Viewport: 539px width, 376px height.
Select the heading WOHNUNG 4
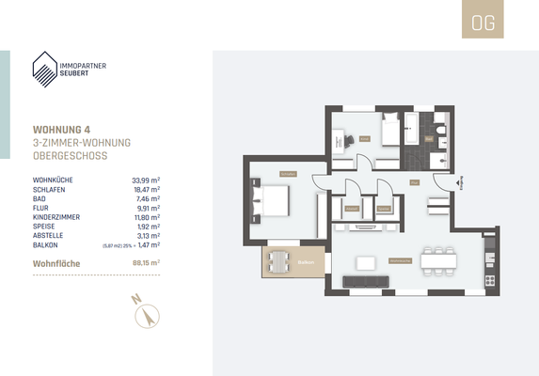[x=69, y=130]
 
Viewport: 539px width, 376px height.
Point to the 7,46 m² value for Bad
[x=147, y=197]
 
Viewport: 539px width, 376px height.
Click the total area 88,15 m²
[x=145, y=263]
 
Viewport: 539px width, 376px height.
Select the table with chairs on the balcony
[x=278, y=261]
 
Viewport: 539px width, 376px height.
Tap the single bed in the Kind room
[x=391, y=128]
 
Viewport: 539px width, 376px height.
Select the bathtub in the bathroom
[x=415, y=129]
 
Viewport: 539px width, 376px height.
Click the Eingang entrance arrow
[x=459, y=181]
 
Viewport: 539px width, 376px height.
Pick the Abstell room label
[x=352, y=207]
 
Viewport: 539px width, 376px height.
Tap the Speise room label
[x=384, y=207]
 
